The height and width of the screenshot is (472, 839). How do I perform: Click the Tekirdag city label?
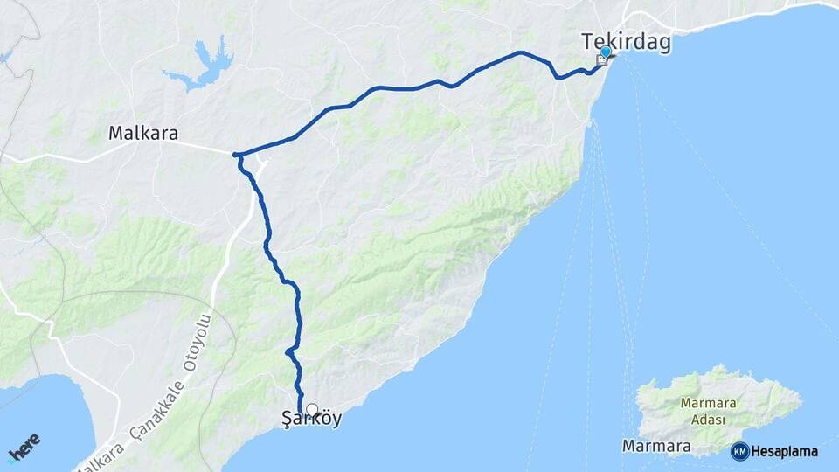pos(628,42)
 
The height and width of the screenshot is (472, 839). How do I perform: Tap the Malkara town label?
pos(143,134)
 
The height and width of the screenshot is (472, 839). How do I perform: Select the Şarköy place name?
pos(312,420)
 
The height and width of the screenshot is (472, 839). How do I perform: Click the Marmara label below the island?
pos(656,446)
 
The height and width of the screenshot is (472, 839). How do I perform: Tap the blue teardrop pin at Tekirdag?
pos(606,52)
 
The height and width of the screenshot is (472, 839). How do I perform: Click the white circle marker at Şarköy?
pos(312,408)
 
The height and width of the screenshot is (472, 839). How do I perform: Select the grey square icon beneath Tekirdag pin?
pos(602,60)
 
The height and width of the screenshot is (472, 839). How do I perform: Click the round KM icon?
pos(739,451)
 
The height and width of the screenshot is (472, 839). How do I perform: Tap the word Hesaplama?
pos(785,451)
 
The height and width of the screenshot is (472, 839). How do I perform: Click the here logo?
pos(25,447)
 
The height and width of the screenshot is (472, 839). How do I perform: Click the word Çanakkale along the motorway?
pos(157,410)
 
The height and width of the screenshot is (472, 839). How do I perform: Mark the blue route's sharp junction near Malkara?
pos(236,155)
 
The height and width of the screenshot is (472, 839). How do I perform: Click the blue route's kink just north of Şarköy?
pos(288,351)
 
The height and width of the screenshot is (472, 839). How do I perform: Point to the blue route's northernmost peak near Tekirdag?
pos(521,52)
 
